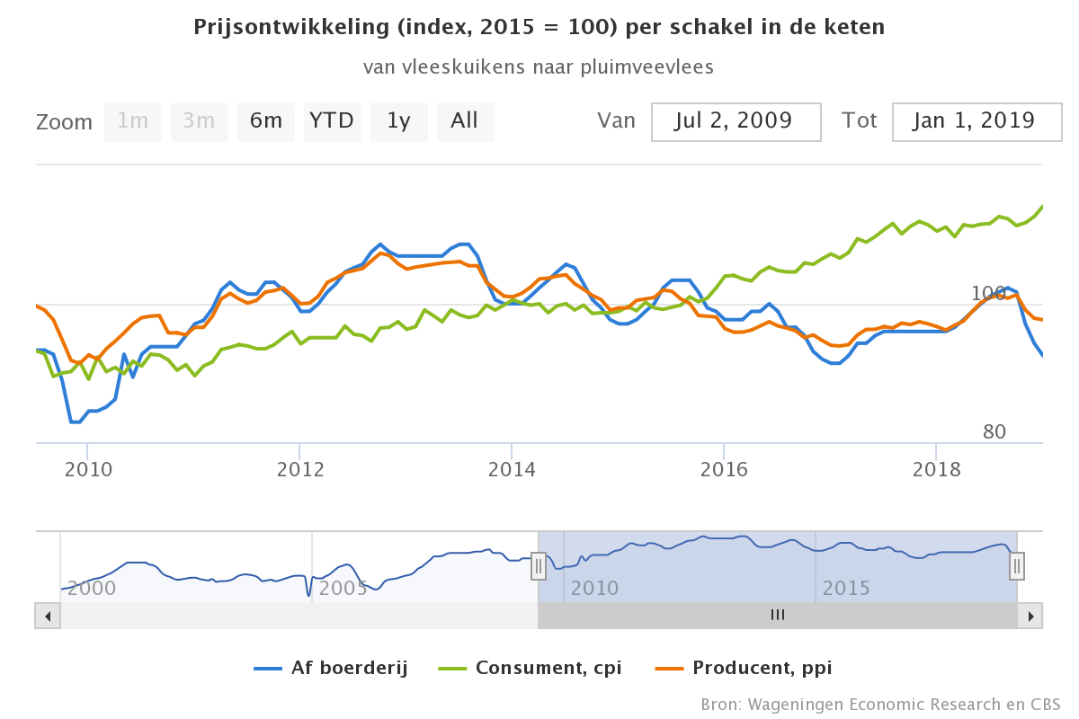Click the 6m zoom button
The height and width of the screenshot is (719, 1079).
tap(266, 121)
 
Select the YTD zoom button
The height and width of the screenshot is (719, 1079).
tap(332, 121)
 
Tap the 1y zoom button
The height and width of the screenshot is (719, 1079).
tap(398, 121)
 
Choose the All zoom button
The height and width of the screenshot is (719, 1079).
tap(465, 121)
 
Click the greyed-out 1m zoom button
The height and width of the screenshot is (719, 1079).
tap(133, 121)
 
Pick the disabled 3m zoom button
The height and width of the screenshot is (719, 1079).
tap(200, 121)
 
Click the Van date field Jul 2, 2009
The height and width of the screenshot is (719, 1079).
tap(736, 121)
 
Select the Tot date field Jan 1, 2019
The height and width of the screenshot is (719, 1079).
tap(977, 121)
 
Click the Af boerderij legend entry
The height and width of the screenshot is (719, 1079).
tap(332, 668)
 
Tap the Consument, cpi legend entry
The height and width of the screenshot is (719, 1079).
tap(531, 668)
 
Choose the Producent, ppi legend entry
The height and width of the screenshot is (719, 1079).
tap(744, 668)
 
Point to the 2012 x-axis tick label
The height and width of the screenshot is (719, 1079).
tap(299, 470)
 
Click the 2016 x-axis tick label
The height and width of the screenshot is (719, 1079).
tap(724, 470)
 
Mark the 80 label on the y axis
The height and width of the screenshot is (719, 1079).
tap(994, 432)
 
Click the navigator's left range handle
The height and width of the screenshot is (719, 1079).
tap(538, 565)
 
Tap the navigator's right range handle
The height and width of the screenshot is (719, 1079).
tap(1017, 565)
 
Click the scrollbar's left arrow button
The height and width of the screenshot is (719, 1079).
tap(48, 616)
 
